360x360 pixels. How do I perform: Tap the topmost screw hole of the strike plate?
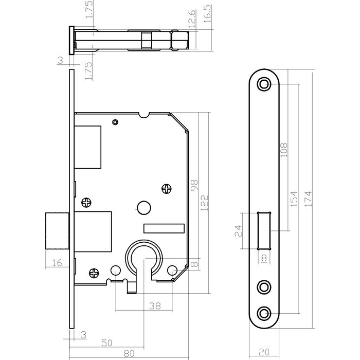click(x=264, y=84)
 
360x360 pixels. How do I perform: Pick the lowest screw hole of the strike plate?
click(x=264, y=312)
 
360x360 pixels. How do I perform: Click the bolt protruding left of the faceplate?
click(x=57, y=230)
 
